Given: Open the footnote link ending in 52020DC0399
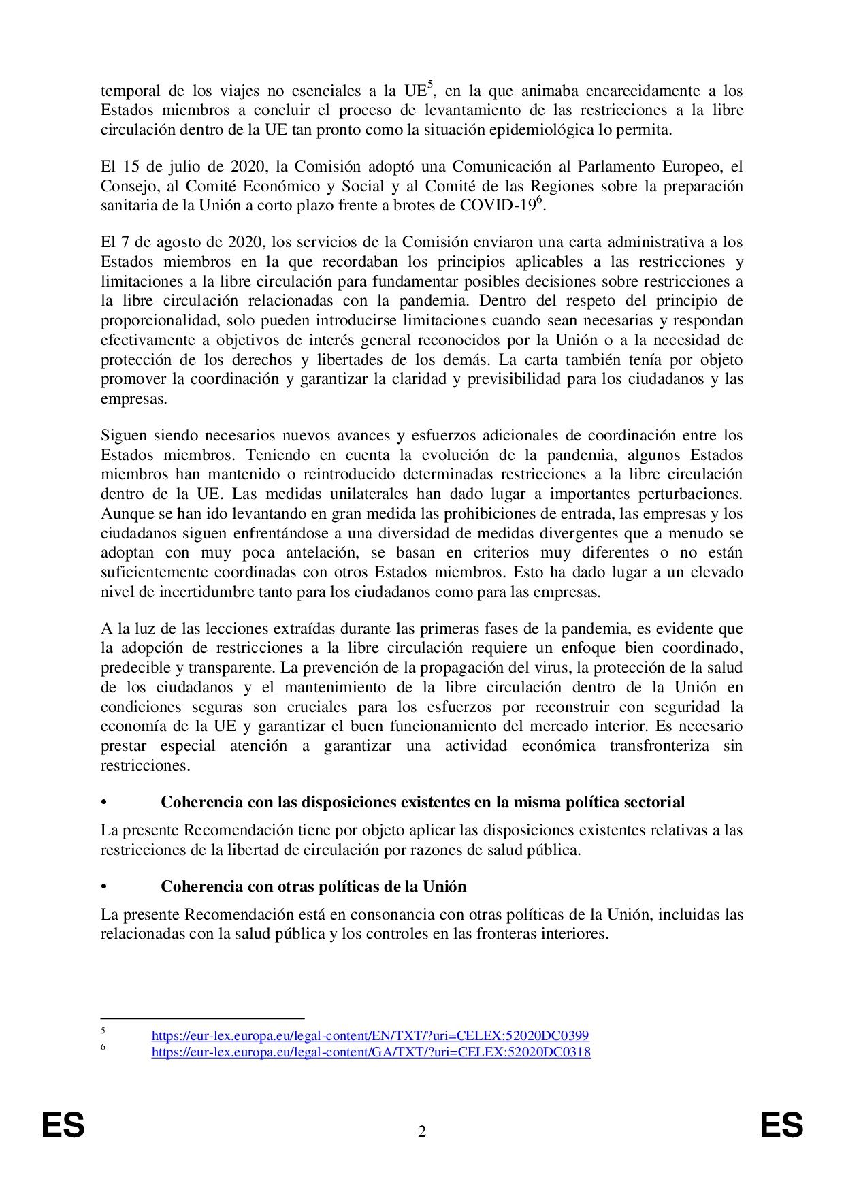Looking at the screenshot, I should (x=370, y=1036).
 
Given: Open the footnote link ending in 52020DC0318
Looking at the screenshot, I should (x=371, y=1052).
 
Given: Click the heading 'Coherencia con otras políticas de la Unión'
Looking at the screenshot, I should (x=314, y=886).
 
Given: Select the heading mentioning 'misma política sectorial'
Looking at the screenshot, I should (x=423, y=802).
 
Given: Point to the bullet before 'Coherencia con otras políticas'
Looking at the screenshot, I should (x=104, y=887).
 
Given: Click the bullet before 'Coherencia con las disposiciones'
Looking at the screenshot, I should (x=104, y=803).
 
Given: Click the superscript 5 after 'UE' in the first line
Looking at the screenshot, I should (x=429, y=85).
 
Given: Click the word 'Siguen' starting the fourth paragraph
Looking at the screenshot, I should (x=123, y=435).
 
